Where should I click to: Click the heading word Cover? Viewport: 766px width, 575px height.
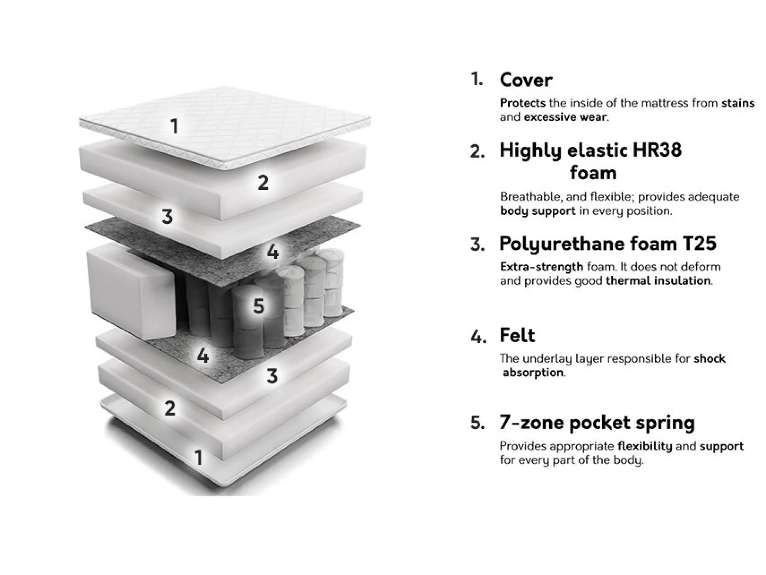click(x=526, y=80)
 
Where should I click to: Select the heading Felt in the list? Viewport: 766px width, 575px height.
click(x=517, y=335)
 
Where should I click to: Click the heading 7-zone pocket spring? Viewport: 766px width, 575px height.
click(x=597, y=423)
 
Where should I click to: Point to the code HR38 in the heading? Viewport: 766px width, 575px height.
click(x=657, y=150)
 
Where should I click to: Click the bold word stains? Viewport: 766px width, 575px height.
click(x=738, y=103)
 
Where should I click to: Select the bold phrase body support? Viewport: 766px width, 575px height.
click(x=537, y=211)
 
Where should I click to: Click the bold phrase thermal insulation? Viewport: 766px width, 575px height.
click(x=658, y=281)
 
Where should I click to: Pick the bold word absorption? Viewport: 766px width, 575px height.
click(x=533, y=373)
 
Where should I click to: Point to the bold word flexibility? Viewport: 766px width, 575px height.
click(x=644, y=446)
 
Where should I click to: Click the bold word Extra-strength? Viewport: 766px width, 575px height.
click(x=541, y=267)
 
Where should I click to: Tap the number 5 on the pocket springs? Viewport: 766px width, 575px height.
click(x=259, y=306)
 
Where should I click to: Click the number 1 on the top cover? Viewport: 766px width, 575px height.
click(x=175, y=127)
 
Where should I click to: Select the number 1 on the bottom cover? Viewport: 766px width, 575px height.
click(x=199, y=458)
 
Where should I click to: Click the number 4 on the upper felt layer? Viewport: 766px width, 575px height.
click(x=272, y=251)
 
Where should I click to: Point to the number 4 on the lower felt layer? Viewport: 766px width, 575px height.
click(x=203, y=356)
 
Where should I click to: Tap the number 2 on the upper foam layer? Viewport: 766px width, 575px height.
click(x=263, y=183)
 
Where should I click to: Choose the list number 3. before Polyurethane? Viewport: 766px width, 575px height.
click(x=477, y=245)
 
